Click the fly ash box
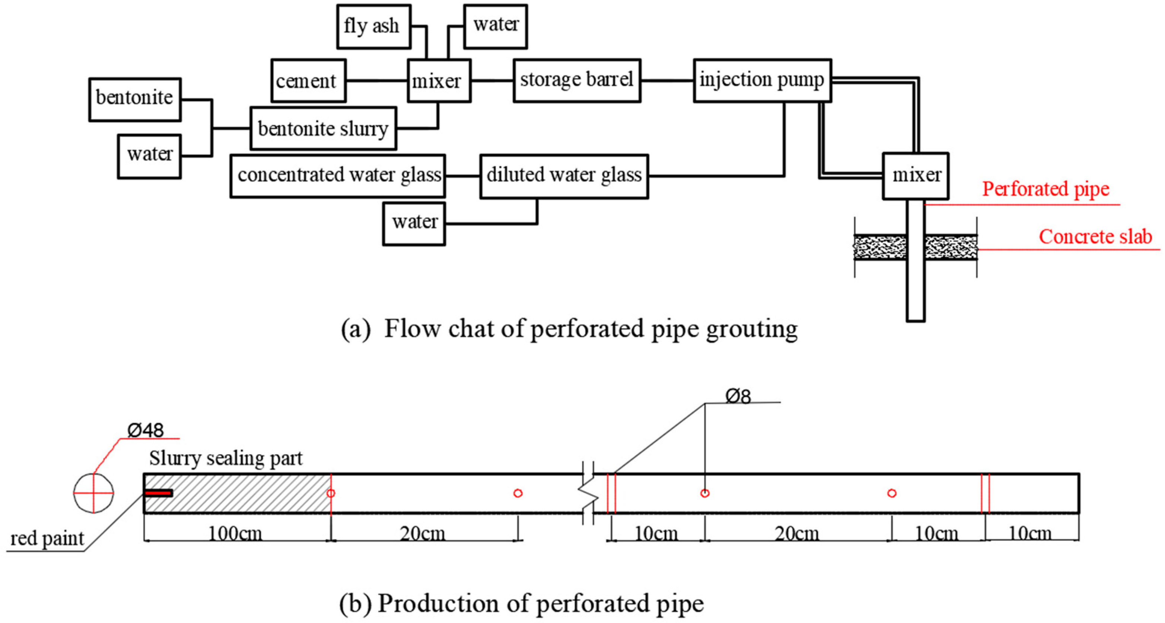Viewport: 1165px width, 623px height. (373, 26)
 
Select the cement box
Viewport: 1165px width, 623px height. (308, 81)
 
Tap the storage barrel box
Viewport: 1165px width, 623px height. (577, 80)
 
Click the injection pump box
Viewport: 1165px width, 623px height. (762, 80)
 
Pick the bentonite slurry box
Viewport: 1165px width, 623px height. (323, 129)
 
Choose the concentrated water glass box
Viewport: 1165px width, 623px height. (338, 176)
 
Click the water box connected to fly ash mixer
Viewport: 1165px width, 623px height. (495, 26)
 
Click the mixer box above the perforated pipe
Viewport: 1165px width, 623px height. (915, 176)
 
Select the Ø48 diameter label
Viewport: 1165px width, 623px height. (145, 430)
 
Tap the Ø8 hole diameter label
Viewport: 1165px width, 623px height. (738, 396)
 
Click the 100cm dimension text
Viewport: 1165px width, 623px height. (235, 533)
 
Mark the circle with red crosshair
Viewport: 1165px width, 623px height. (93, 493)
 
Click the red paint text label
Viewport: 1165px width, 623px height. (47, 539)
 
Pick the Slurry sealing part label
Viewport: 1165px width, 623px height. (225, 458)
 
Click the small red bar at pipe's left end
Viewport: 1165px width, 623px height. (158, 493)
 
